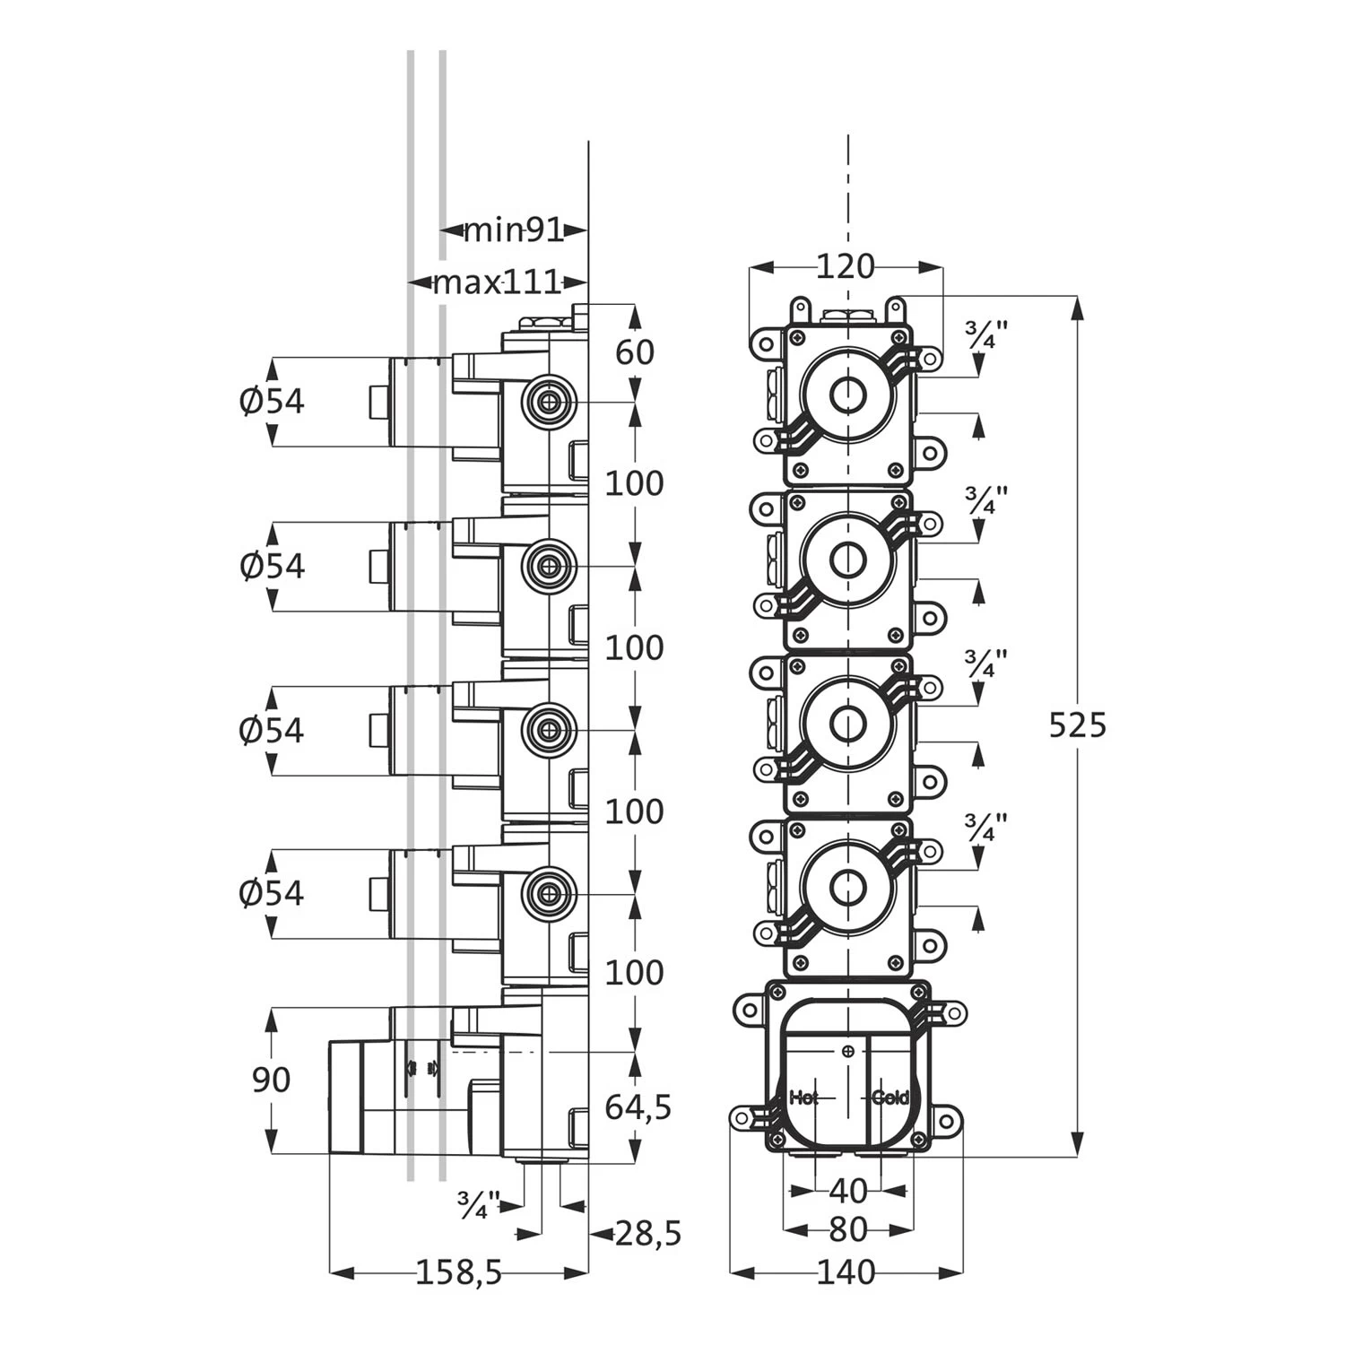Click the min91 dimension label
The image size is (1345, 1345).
(512, 230)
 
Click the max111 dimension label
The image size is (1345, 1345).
(496, 283)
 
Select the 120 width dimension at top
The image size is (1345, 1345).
(846, 266)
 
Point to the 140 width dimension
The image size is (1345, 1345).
(846, 1271)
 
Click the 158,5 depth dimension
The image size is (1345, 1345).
(459, 1271)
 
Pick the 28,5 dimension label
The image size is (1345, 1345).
(648, 1234)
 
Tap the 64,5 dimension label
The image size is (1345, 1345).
(638, 1107)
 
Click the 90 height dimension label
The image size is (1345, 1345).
(271, 1080)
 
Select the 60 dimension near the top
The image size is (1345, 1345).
(635, 352)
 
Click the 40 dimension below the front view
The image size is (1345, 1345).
(848, 1191)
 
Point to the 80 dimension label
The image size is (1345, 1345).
(848, 1229)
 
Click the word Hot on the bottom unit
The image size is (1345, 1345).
(803, 1097)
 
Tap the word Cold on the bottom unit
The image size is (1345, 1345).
(890, 1097)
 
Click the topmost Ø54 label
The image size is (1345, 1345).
(273, 401)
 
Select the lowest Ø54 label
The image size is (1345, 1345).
(273, 893)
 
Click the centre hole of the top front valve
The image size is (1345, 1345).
(846, 395)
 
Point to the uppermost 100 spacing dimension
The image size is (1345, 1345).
(635, 483)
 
